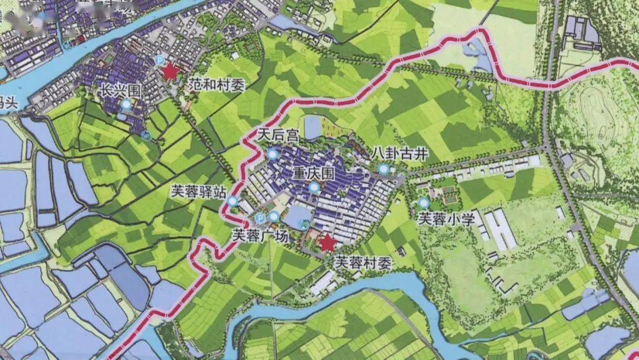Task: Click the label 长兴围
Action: tap(121, 91)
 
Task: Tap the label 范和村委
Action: tap(217, 85)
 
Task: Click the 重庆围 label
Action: tap(314, 173)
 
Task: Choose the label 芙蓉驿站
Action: tap(198, 191)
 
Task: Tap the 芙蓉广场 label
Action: tap(260, 235)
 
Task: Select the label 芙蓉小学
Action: tap(446, 219)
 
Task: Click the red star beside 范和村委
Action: tap(171, 72)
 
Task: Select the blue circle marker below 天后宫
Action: tap(273, 155)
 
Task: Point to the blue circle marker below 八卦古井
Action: tap(383, 171)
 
